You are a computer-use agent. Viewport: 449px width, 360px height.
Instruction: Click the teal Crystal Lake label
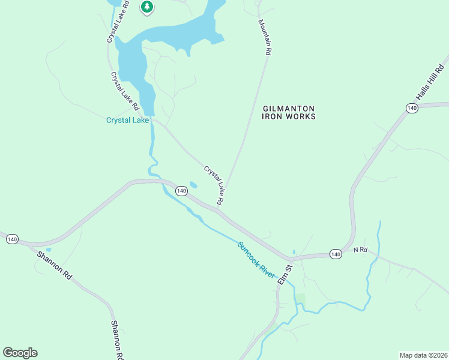[127, 120]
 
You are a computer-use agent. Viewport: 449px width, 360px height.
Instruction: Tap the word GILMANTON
[289, 108]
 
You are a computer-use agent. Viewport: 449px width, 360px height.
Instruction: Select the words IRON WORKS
[289, 116]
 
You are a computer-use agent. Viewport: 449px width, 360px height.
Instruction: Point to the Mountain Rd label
[265, 37]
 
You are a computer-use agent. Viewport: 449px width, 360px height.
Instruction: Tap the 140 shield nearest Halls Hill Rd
[411, 108]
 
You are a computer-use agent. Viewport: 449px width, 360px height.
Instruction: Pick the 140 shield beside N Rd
[336, 254]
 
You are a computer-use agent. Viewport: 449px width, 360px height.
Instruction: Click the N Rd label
[360, 250]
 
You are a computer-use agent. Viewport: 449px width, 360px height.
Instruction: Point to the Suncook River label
[256, 259]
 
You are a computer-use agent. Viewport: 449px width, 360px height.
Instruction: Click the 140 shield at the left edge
[12, 239]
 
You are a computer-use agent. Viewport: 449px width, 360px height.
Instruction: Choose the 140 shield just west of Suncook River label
[181, 191]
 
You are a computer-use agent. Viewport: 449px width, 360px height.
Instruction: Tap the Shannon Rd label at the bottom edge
[118, 340]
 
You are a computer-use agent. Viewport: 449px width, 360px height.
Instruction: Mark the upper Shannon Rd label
[55, 265]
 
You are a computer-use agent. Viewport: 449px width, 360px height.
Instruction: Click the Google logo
[20, 353]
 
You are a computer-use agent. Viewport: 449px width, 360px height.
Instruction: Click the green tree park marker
[147, 7]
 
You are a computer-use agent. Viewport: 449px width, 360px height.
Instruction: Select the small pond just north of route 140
[193, 185]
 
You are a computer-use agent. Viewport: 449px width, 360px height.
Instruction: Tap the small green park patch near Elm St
[300, 299]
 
